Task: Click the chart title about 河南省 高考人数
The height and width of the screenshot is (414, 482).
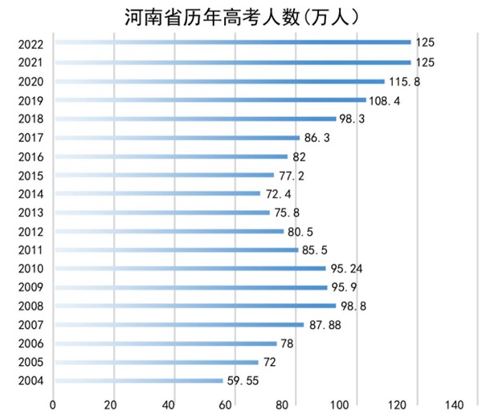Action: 241,15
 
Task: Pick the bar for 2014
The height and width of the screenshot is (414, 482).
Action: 157,193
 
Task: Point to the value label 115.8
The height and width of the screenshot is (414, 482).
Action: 404,81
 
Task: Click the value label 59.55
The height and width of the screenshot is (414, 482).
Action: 243,380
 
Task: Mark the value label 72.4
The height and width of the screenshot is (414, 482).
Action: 279,193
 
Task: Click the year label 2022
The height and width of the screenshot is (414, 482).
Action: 30,43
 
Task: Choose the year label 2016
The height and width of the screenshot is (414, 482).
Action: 30,156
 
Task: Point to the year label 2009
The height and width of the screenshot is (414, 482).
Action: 30,287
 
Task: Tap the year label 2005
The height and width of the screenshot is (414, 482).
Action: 30,362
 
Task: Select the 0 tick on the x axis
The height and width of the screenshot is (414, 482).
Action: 53,403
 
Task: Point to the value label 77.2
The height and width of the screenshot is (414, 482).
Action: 292,175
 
